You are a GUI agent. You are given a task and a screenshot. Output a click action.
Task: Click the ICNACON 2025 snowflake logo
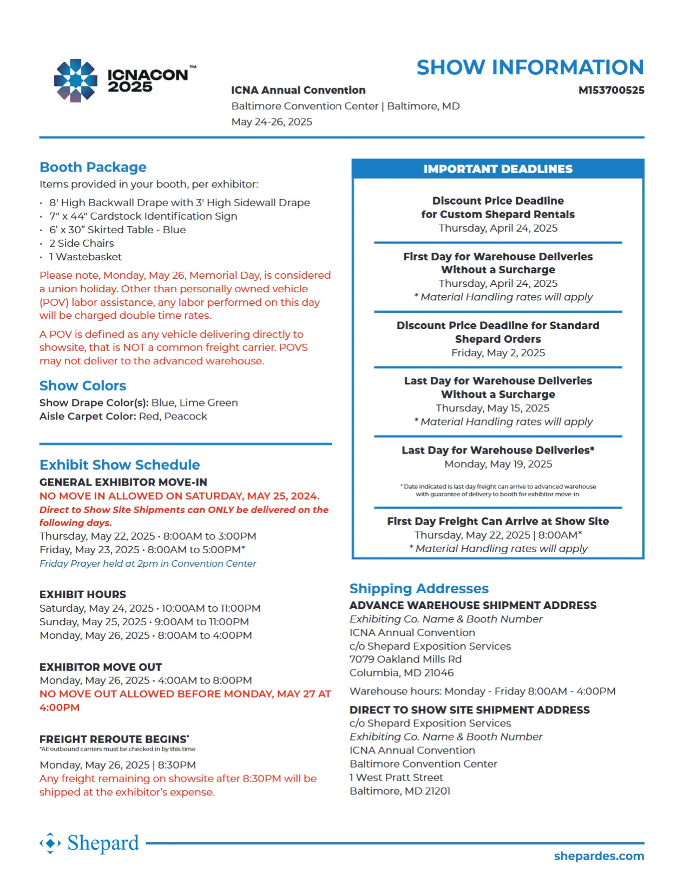tap(75, 81)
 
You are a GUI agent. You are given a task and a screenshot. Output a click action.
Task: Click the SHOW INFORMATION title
tap(529, 68)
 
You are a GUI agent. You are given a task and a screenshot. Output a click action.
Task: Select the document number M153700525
tap(611, 90)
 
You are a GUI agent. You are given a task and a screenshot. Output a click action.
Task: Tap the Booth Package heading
tap(93, 167)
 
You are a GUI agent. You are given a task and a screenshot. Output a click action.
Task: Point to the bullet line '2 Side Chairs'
tap(82, 244)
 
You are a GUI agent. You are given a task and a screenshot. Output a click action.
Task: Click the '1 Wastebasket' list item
tap(86, 257)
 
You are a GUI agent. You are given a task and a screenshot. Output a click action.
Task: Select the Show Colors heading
tap(83, 386)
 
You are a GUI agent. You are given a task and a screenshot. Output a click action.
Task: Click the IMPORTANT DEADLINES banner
tap(497, 169)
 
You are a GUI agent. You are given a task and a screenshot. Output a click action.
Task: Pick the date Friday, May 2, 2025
tap(498, 353)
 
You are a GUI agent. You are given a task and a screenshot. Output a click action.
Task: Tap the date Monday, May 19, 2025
tap(498, 464)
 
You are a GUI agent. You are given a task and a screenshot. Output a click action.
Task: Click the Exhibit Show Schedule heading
tap(120, 465)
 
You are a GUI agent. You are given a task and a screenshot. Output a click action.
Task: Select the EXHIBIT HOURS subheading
tap(83, 594)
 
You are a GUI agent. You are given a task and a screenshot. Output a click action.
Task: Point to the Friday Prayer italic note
tap(148, 564)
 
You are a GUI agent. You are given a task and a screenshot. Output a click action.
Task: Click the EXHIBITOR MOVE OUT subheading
tap(101, 667)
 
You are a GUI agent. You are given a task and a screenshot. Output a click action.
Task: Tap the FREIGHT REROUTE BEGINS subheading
tap(114, 739)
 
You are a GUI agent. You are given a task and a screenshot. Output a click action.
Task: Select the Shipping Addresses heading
tap(419, 588)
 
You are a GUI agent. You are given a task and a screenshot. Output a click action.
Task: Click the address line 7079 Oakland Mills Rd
tap(405, 659)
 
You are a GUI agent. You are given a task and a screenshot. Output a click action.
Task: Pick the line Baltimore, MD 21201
tap(400, 791)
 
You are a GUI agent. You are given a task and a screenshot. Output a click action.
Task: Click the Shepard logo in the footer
tap(90, 843)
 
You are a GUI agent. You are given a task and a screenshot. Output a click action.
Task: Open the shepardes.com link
tap(599, 856)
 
